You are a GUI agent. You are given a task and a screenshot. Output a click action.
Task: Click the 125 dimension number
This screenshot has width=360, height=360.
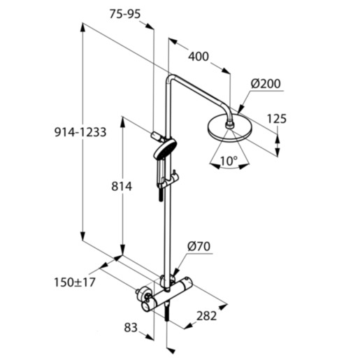point(276,119)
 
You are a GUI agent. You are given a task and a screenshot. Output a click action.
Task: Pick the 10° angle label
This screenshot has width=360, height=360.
point(228,160)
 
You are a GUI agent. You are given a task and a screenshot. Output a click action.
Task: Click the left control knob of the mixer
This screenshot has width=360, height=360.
point(145,298)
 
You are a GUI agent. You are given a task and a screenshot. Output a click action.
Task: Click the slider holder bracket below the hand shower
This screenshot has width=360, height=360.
point(166,183)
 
